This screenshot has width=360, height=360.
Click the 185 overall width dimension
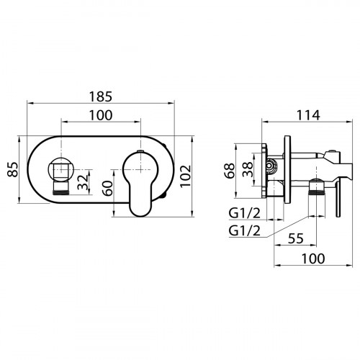pyautogui.click(x=101, y=96)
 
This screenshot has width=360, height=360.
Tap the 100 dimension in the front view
pyautogui.click(x=101, y=115)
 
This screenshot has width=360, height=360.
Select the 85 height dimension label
pyautogui.click(x=12, y=170)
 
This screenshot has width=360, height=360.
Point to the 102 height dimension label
pyautogui.click(x=186, y=176)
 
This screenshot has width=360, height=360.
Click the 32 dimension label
pyautogui.click(x=83, y=182)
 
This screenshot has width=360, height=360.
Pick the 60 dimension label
pyautogui.click(x=107, y=189)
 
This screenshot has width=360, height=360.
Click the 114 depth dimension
pyautogui.click(x=308, y=115)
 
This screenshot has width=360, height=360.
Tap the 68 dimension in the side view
pyautogui.click(x=230, y=171)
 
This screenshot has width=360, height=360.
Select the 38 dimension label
pyautogui.click(x=247, y=169)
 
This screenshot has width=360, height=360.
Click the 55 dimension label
pyautogui.click(x=296, y=238)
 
